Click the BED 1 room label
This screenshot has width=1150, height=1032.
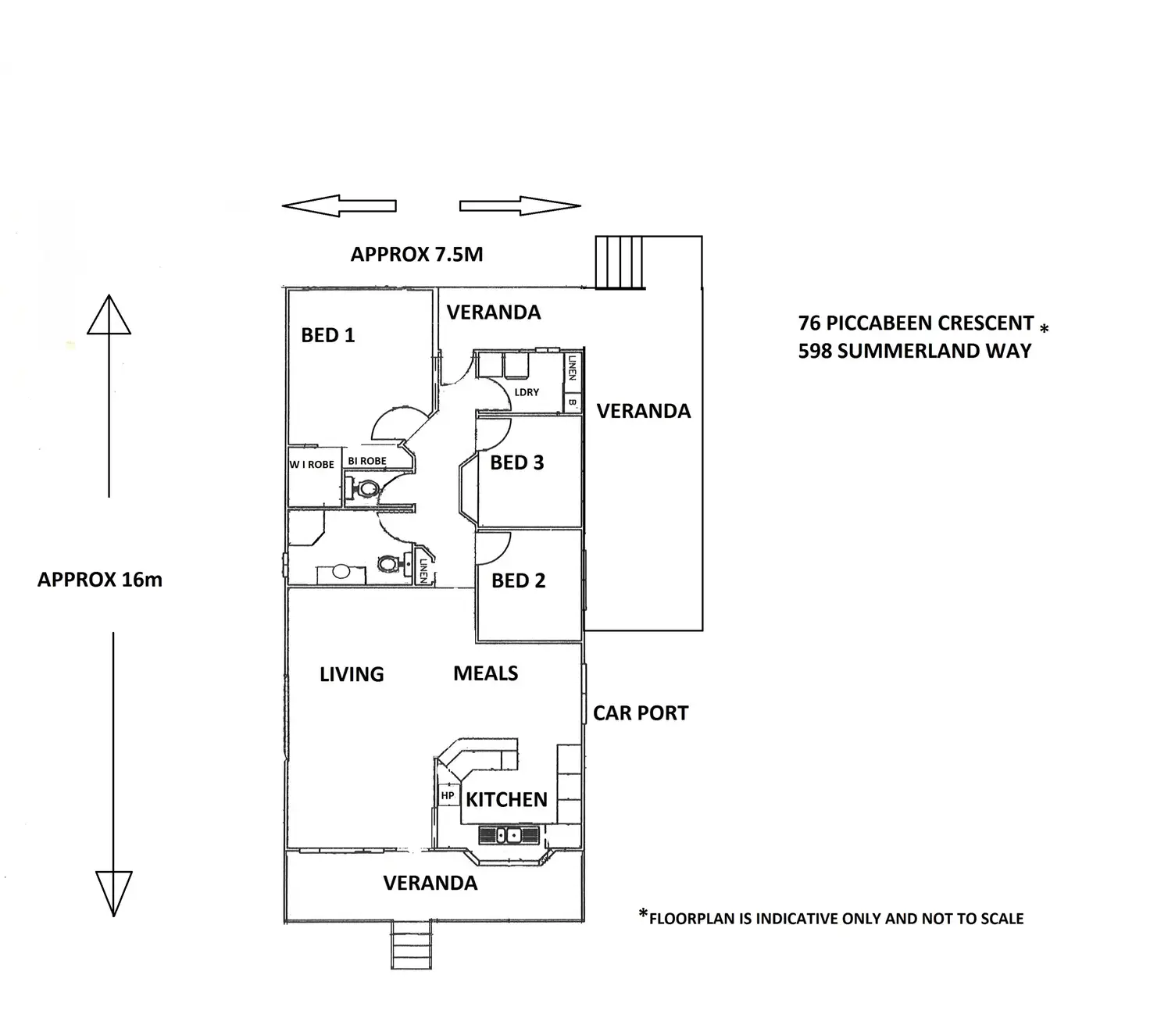click(x=327, y=335)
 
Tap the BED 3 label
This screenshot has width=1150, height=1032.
click(x=516, y=462)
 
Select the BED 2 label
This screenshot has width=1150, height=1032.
click(x=518, y=580)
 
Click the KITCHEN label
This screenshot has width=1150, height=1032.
click(x=506, y=799)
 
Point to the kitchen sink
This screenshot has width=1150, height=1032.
click(x=509, y=834)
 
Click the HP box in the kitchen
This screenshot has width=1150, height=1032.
click(x=448, y=795)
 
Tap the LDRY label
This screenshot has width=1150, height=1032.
click(x=527, y=391)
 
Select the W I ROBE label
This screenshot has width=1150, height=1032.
click(x=312, y=464)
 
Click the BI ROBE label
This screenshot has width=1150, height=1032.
click(x=366, y=461)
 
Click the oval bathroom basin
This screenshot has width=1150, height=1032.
click(x=341, y=571)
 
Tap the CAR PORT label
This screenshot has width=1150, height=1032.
click(x=641, y=713)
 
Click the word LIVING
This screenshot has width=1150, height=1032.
click(x=352, y=674)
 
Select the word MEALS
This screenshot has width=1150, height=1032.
click(x=485, y=673)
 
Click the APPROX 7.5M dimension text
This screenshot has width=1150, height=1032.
click(x=416, y=254)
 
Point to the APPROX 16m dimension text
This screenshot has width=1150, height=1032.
click(x=100, y=580)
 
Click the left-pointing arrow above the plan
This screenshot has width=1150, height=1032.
click(x=339, y=205)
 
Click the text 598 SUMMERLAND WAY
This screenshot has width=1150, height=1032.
click(x=914, y=351)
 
